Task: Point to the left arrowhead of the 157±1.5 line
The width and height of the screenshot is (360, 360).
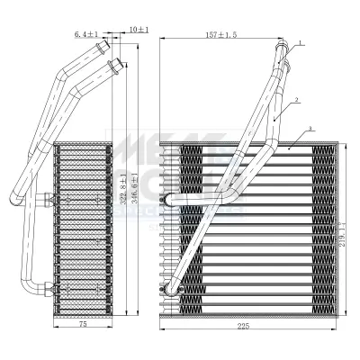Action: pyautogui.click(x=162, y=40)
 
